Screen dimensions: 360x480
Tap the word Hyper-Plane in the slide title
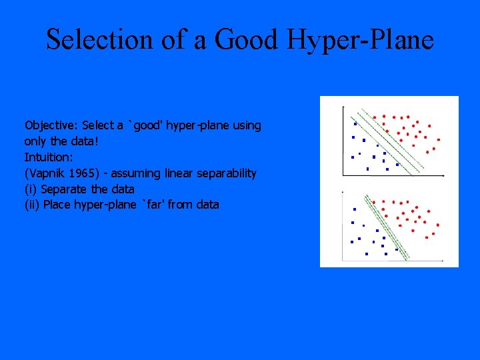(x=361, y=40)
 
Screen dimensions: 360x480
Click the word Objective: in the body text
(x=51, y=125)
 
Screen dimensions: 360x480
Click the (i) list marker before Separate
(x=31, y=189)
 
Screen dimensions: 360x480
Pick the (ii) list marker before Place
(x=32, y=205)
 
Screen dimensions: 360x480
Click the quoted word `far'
(x=153, y=205)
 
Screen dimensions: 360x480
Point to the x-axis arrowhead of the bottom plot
(x=445, y=259)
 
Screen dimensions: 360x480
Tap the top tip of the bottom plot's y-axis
(x=343, y=192)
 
